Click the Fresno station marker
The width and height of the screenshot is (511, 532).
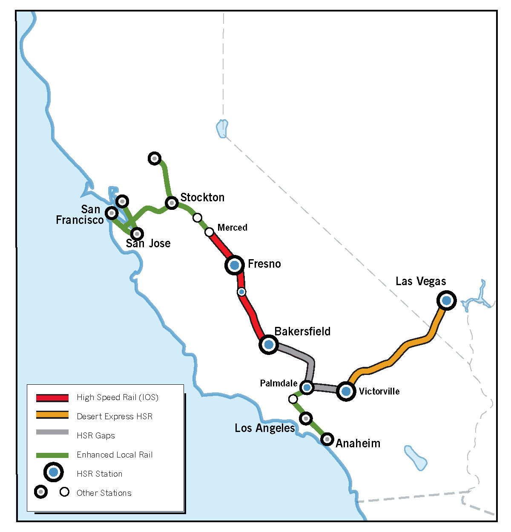tap(234, 265)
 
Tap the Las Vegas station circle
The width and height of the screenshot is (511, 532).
tap(446, 300)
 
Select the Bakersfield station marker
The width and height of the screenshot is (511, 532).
tap(269, 344)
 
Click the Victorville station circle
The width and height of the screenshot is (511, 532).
tap(346, 391)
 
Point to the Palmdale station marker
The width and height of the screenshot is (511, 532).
tap(307, 387)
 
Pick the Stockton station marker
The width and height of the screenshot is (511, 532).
tap(172, 203)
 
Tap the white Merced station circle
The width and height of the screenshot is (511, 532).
tap(209, 232)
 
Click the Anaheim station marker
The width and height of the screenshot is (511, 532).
tap(327, 438)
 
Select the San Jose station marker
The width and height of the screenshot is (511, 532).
tap(137, 234)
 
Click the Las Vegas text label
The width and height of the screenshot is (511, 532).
tap(421, 281)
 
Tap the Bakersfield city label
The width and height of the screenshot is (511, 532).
tap(302, 331)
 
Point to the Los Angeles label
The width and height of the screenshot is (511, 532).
tap(264, 428)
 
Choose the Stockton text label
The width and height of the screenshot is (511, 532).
tap(202, 197)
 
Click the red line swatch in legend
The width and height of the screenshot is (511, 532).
tap(52, 398)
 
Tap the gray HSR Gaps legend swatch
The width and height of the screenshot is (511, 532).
tap(52, 432)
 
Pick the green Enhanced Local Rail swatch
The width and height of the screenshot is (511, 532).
tap(52, 455)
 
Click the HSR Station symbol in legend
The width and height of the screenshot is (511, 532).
tap(53, 472)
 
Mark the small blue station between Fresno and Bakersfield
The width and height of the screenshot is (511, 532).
tap(241, 292)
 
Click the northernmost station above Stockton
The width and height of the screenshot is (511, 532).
tap(155, 158)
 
